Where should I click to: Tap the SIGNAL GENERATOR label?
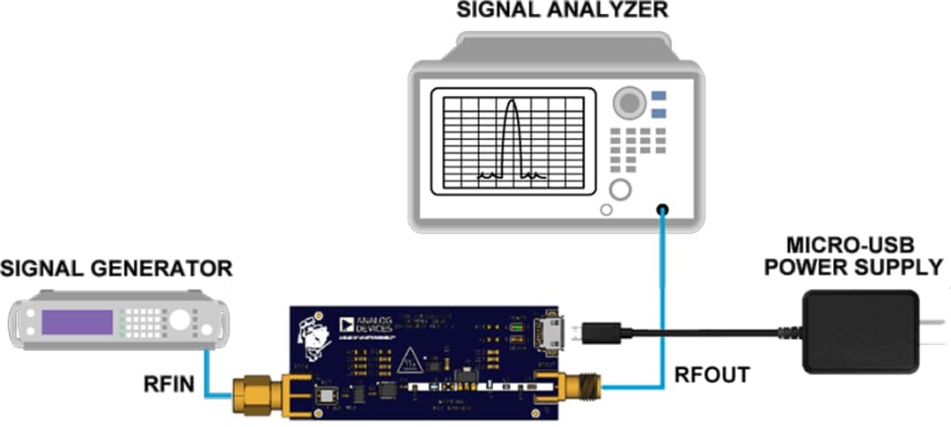point(116,269)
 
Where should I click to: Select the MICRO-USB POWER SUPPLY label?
point(853,255)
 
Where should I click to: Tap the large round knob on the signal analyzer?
point(628,103)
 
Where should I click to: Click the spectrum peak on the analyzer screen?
point(508,104)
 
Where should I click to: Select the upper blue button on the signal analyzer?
point(659,96)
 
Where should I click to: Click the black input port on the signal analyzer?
point(661,210)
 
